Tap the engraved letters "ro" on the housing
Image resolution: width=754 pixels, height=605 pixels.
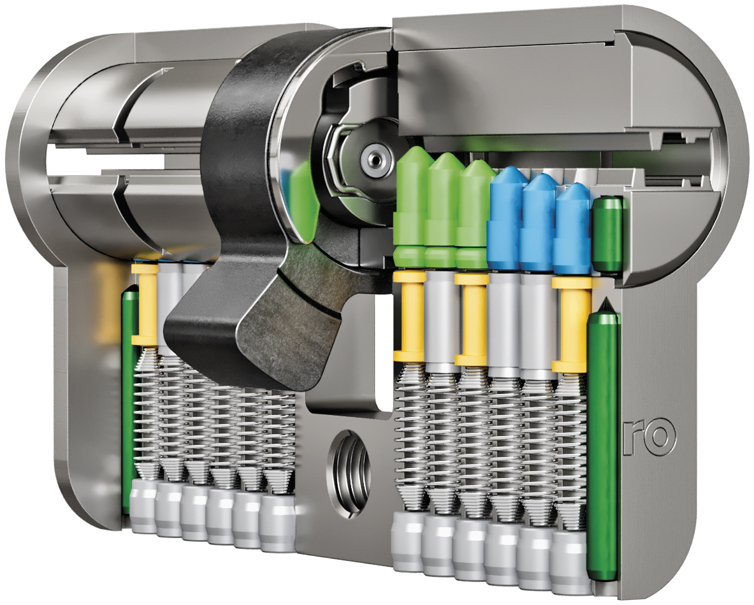tap(650, 436)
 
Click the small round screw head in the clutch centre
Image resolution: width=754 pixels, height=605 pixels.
tap(373, 158)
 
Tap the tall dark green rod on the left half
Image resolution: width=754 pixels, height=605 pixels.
tap(129, 399)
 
